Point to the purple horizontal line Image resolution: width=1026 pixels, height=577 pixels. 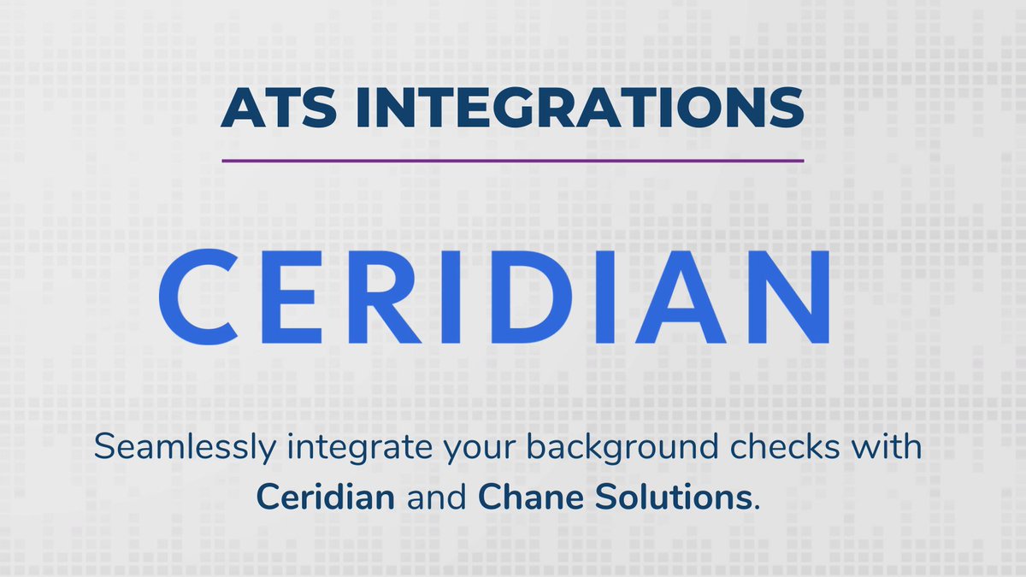click(x=512, y=160)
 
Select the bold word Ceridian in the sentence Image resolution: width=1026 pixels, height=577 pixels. click(x=326, y=497)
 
